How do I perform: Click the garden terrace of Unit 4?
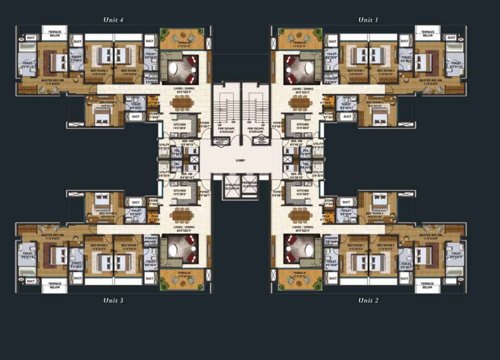click(181, 40)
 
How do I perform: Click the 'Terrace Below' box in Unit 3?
click(54, 284)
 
